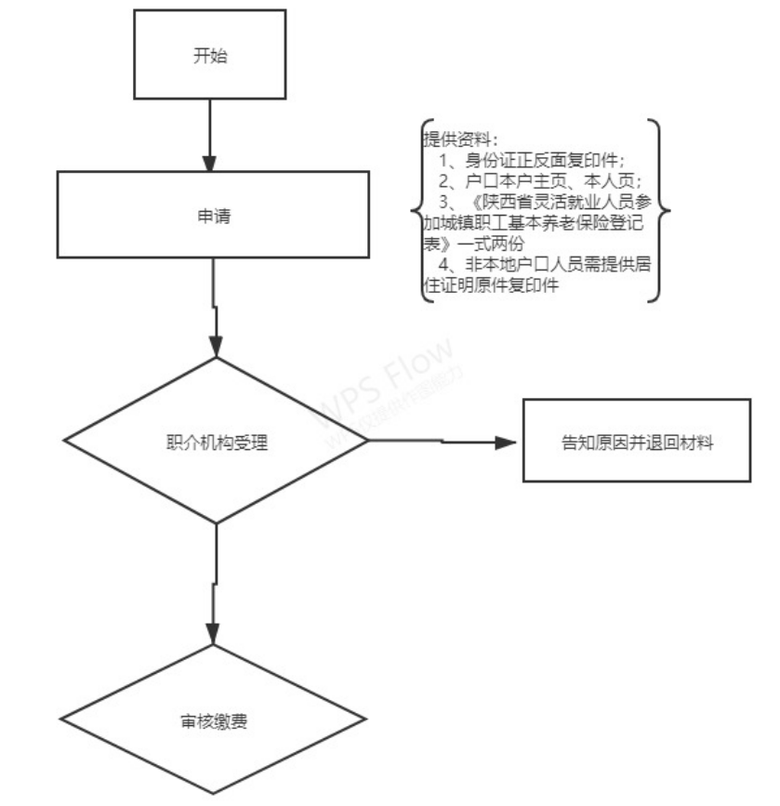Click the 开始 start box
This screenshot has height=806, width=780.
[x=210, y=55]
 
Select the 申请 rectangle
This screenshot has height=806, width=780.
[x=215, y=216]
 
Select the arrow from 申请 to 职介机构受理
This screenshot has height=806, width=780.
[x=215, y=307]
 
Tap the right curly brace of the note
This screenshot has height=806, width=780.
[x=662, y=211]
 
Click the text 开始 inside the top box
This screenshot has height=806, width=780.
[x=210, y=55]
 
